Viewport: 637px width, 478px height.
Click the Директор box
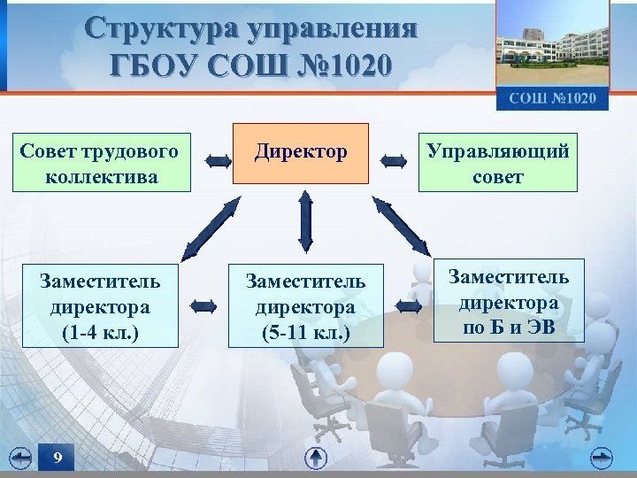[301, 153]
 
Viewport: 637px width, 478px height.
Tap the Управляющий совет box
[498, 162]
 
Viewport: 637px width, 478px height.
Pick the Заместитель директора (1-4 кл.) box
[100, 306]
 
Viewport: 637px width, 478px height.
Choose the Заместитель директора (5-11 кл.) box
[305, 306]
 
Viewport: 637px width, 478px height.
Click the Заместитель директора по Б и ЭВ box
[509, 303]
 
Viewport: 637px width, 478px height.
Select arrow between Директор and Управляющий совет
[394, 161]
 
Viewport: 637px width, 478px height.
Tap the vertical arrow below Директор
[305, 221]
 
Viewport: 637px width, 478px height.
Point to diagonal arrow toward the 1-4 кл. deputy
[210, 228]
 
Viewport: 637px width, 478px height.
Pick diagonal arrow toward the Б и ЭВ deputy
[401, 227]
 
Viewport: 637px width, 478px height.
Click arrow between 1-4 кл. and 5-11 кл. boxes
[203, 306]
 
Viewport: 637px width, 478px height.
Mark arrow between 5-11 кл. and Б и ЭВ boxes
[409, 306]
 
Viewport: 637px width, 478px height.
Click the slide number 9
[57, 458]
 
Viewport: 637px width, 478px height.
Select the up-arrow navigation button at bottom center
[316, 458]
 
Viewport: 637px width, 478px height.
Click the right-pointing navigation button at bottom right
[602, 456]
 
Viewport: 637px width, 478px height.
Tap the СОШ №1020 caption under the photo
[552, 97]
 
